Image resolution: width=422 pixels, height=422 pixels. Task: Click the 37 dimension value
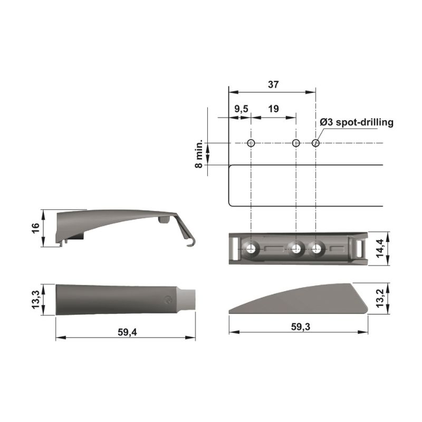[273, 84]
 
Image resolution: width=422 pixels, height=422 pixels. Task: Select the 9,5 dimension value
[241, 109]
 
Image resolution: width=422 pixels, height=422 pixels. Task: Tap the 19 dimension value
[273, 109]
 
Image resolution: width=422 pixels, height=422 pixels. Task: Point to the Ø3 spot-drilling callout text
[357, 122]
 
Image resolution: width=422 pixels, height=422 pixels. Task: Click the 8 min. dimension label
[199, 154]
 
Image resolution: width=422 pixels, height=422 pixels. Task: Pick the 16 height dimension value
[35, 228]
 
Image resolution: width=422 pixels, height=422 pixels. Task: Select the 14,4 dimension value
[380, 248]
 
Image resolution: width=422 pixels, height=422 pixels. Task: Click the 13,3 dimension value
[35, 299]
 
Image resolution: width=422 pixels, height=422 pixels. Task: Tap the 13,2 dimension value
[380, 299]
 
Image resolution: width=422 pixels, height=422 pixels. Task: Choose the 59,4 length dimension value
[127, 332]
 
